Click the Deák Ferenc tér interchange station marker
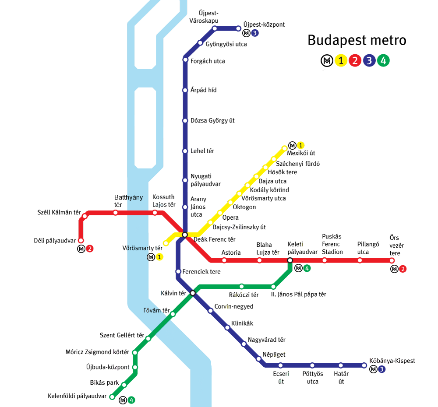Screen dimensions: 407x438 (x=185, y=235)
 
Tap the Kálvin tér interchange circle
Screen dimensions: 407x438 (x=193, y=293)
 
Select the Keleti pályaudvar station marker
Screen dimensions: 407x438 (x=290, y=260)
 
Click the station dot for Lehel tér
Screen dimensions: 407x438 (x=185, y=151)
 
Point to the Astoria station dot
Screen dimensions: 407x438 (x=224, y=260)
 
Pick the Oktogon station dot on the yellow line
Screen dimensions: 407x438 (x=230, y=202)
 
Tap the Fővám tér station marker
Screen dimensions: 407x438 (x=173, y=314)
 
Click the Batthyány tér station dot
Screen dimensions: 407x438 (x=116, y=213)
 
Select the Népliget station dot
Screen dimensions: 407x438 (x=259, y=359)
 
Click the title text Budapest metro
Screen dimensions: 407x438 (x=357, y=40)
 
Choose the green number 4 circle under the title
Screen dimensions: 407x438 (x=383, y=61)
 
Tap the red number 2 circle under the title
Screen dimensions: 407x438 (x=355, y=61)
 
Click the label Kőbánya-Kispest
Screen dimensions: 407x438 (x=392, y=361)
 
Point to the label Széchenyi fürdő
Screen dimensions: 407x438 (x=298, y=164)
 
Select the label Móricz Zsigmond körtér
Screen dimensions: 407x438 (x=97, y=352)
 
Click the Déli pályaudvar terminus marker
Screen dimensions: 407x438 (x=81, y=240)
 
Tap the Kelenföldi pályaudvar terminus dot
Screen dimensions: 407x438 (x=112, y=397)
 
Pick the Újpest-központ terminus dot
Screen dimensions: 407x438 (x=239, y=28)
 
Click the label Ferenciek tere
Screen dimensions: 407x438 (x=201, y=272)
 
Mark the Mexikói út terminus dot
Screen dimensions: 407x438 (x=285, y=148)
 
